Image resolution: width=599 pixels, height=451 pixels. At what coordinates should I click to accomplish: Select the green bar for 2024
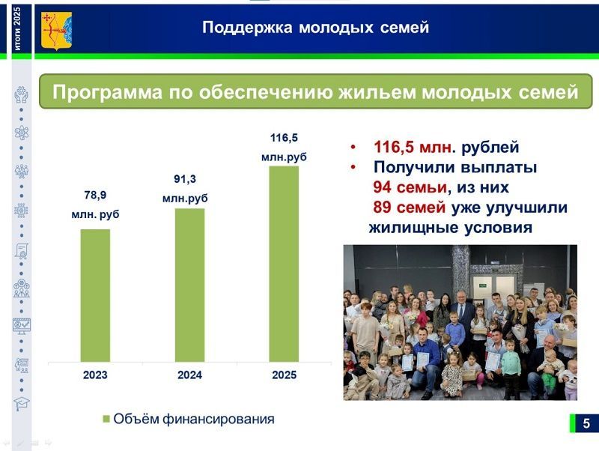(189, 285)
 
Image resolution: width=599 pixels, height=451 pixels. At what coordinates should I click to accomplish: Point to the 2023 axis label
(95, 375)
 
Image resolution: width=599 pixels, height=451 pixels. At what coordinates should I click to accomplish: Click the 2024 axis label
(189, 375)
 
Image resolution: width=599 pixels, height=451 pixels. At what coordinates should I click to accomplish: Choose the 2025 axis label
(284, 375)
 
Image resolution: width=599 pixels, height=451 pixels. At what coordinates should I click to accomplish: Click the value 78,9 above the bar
(95, 195)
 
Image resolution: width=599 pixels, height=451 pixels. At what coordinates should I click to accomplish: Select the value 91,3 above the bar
(185, 179)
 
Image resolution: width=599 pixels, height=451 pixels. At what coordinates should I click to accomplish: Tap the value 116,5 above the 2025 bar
(284, 138)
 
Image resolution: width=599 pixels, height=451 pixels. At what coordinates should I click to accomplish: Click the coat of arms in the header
(56, 29)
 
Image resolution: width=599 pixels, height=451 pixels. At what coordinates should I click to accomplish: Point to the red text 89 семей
(409, 208)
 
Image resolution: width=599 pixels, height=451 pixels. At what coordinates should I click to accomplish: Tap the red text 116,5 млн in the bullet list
(412, 148)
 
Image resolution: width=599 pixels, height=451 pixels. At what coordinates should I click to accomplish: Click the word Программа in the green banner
(104, 92)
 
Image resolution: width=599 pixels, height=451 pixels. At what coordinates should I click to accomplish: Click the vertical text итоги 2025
(17, 28)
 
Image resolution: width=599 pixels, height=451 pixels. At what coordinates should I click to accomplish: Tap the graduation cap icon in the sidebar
(21, 404)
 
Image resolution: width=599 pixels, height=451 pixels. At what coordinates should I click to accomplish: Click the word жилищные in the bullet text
(409, 227)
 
